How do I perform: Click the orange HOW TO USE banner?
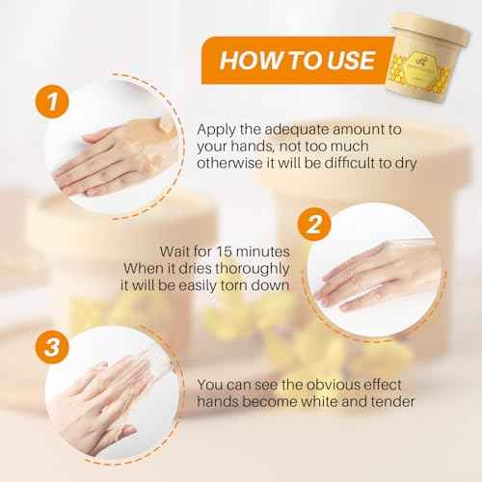tap(294, 60)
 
